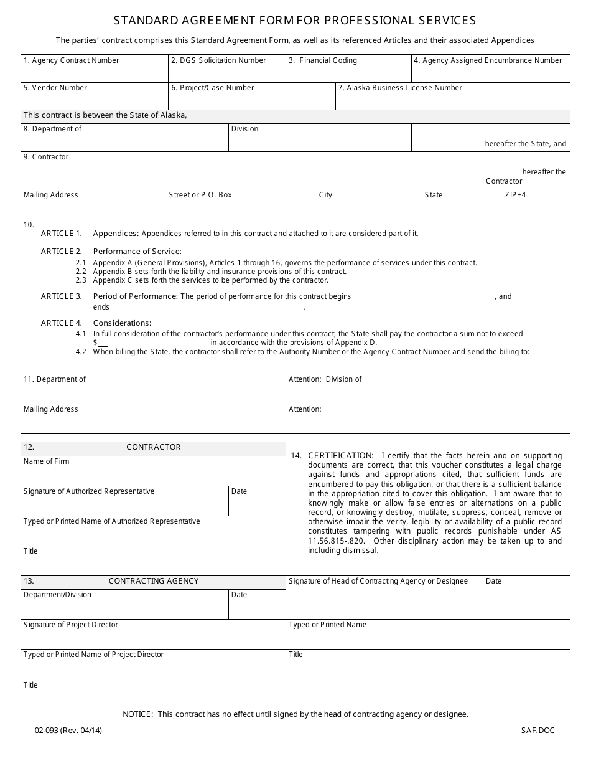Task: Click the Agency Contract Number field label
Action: [71, 60]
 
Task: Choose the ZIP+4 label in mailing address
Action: [515, 195]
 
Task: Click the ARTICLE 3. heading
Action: [61, 296]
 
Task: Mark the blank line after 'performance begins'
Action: [424, 298]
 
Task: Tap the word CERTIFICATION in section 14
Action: [341, 456]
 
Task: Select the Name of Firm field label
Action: [46, 461]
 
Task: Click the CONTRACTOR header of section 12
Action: [153, 447]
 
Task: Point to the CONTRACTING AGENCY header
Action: [153, 581]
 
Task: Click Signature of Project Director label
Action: [70, 625]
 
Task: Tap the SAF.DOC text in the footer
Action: [537, 731]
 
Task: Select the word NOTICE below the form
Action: [137, 714]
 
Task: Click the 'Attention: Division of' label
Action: [325, 379]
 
